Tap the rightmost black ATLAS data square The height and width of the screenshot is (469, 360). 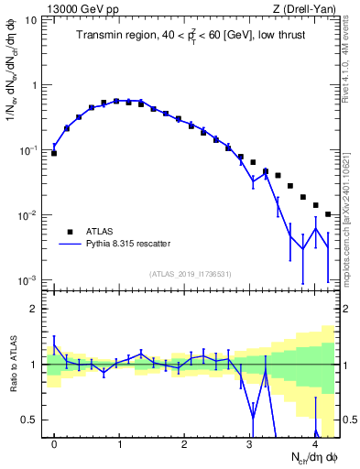click(x=328, y=214)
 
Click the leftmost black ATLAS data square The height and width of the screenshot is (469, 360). click(x=54, y=153)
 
